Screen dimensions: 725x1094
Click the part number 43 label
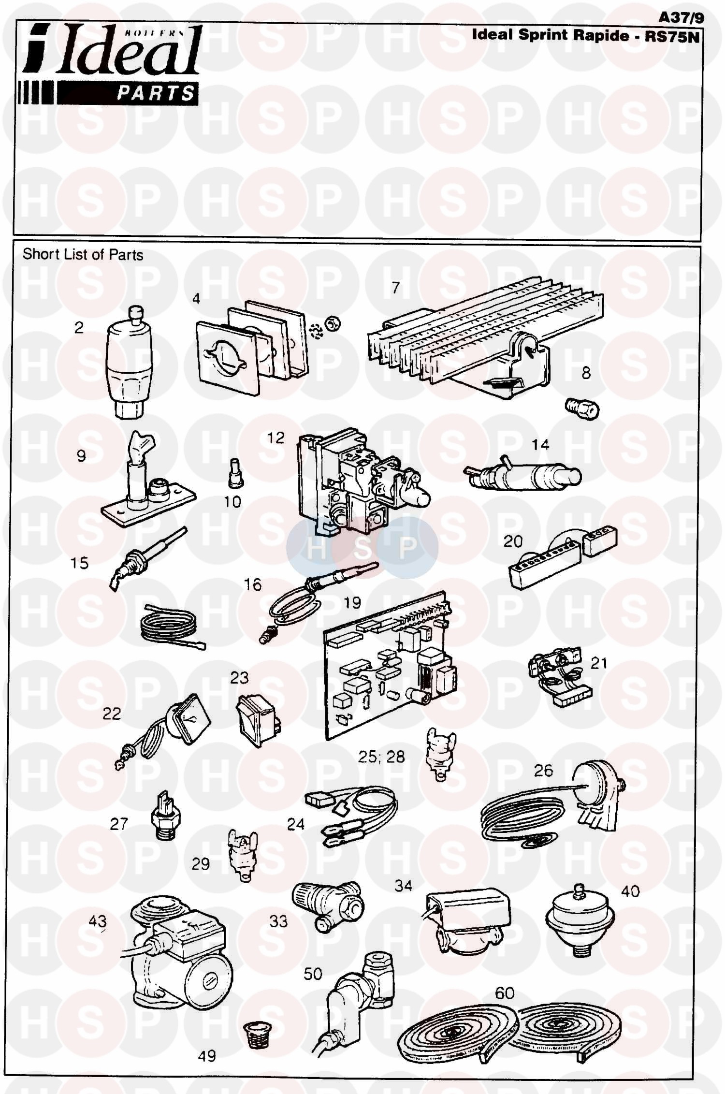(97, 921)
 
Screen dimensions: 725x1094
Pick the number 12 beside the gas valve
(276, 438)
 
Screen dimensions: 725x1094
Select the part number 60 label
(505, 993)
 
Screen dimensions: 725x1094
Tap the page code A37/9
(681, 17)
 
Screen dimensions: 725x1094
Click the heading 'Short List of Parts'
(83, 255)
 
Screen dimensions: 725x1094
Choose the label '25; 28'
(381, 757)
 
